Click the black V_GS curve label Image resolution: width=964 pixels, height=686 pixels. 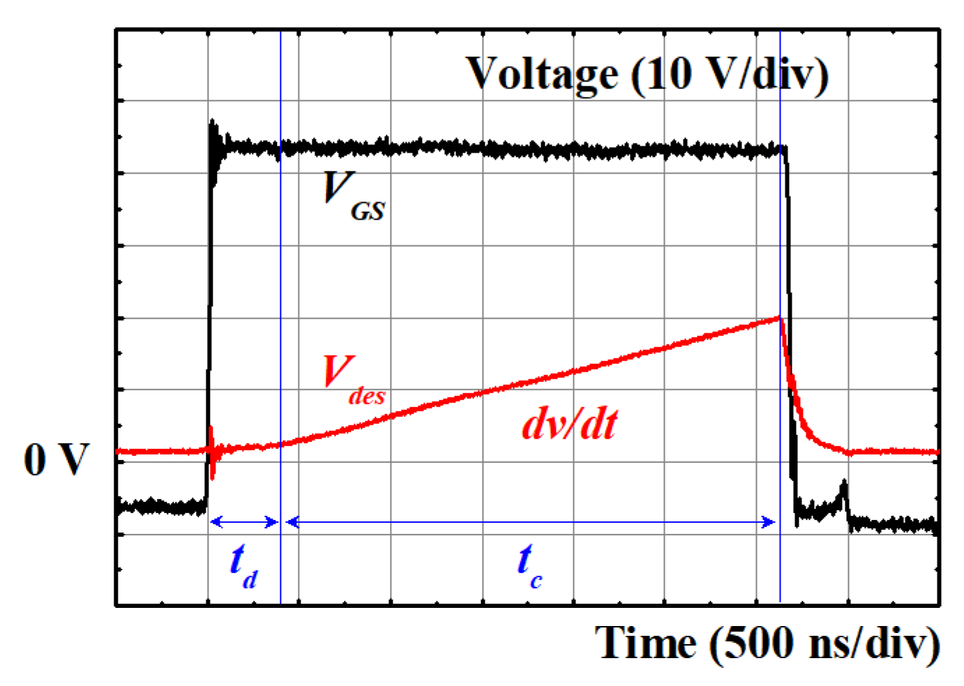(x=352, y=197)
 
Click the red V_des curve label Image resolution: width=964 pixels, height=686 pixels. (x=352, y=379)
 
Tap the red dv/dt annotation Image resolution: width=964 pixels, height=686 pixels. (x=569, y=424)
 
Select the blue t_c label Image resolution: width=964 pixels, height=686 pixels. (x=529, y=566)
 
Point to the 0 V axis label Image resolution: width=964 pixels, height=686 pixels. (x=57, y=459)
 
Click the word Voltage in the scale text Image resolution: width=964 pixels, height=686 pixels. (x=542, y=74)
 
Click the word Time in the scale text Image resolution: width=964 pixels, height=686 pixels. (x=645, y=643)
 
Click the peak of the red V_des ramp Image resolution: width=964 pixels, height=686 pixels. (x=779, y=318)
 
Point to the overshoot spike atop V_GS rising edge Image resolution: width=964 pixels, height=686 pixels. (x=213, y=125)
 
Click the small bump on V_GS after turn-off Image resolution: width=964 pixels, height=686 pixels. (x=844, y=485)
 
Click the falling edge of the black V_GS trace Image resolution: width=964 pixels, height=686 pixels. (x=790, y=314)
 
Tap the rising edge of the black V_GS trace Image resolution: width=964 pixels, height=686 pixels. (x=209, y=314)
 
